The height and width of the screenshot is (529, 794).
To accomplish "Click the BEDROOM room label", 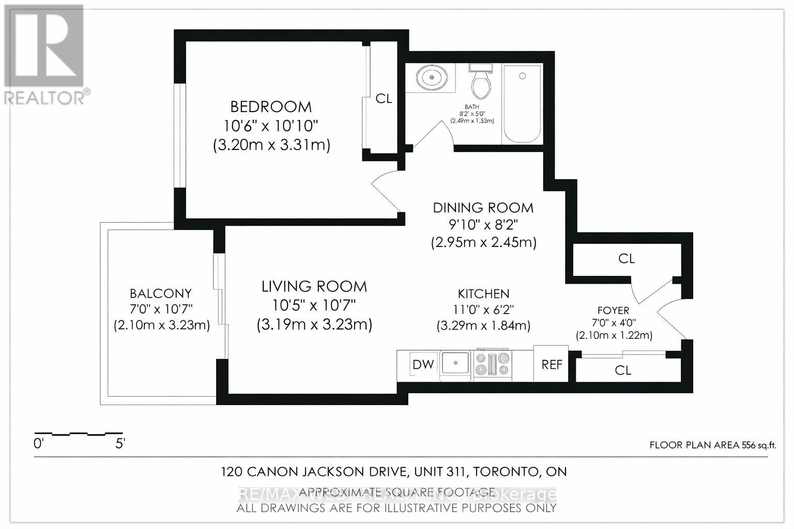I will tap(271, 107).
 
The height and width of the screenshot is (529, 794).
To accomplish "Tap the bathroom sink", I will tap(430, 78).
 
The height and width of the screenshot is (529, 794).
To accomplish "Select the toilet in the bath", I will tap(481, 83).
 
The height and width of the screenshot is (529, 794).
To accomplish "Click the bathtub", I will tap(522, 103).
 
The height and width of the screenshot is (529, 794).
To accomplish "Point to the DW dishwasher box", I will tap(423, 364).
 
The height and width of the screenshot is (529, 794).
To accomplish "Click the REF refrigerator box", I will tap(551, 364).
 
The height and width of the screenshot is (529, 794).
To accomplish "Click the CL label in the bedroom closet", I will tap(384, 99).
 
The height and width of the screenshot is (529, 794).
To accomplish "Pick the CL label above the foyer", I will tap(626, 258).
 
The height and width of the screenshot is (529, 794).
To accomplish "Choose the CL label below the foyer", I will tap(623, 370).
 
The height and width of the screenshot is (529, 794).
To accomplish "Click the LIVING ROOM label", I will tap(314, 286).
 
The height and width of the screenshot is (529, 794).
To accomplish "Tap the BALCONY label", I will tap(161, 293).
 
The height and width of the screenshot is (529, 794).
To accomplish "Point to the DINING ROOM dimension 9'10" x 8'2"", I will tap(483, 225).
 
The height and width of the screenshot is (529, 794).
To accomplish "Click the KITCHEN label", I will tap(483, 294).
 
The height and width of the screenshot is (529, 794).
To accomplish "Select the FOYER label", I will tap(613, 310).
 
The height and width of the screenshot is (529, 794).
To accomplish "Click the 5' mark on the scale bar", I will tap(120, 443).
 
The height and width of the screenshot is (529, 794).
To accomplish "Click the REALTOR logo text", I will tap(45, 97).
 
